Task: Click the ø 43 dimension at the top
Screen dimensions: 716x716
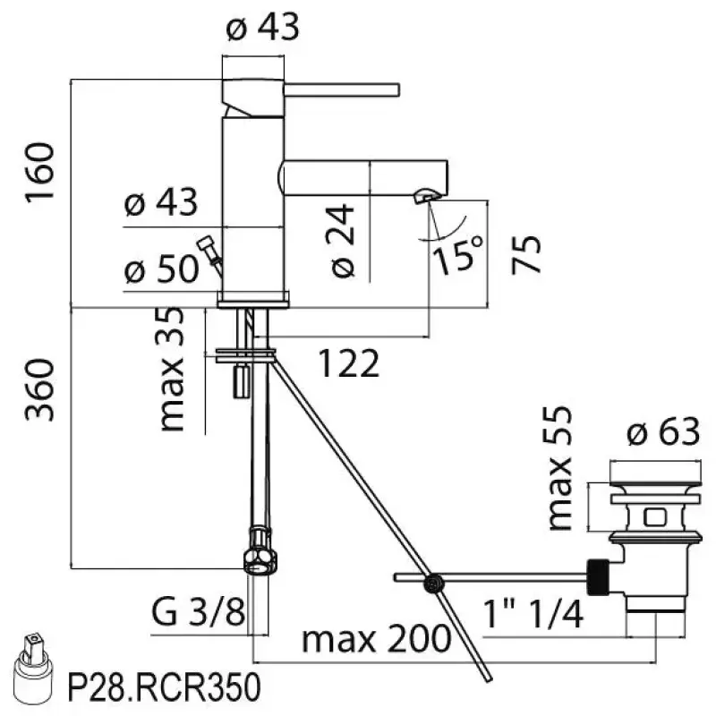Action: (x=262, y=28)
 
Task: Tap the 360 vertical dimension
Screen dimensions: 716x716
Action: (x=41, y=390)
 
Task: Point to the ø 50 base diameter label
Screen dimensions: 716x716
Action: (x=161, y=270)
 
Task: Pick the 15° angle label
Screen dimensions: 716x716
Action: (x=460, y=254)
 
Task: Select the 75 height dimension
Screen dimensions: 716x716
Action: (x=527, y=255)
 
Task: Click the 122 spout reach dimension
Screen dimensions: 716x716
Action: (x=350, y=363)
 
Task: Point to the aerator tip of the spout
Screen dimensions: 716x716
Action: (x=426, y=195)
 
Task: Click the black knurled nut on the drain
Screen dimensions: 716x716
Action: (x=597, y=576)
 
